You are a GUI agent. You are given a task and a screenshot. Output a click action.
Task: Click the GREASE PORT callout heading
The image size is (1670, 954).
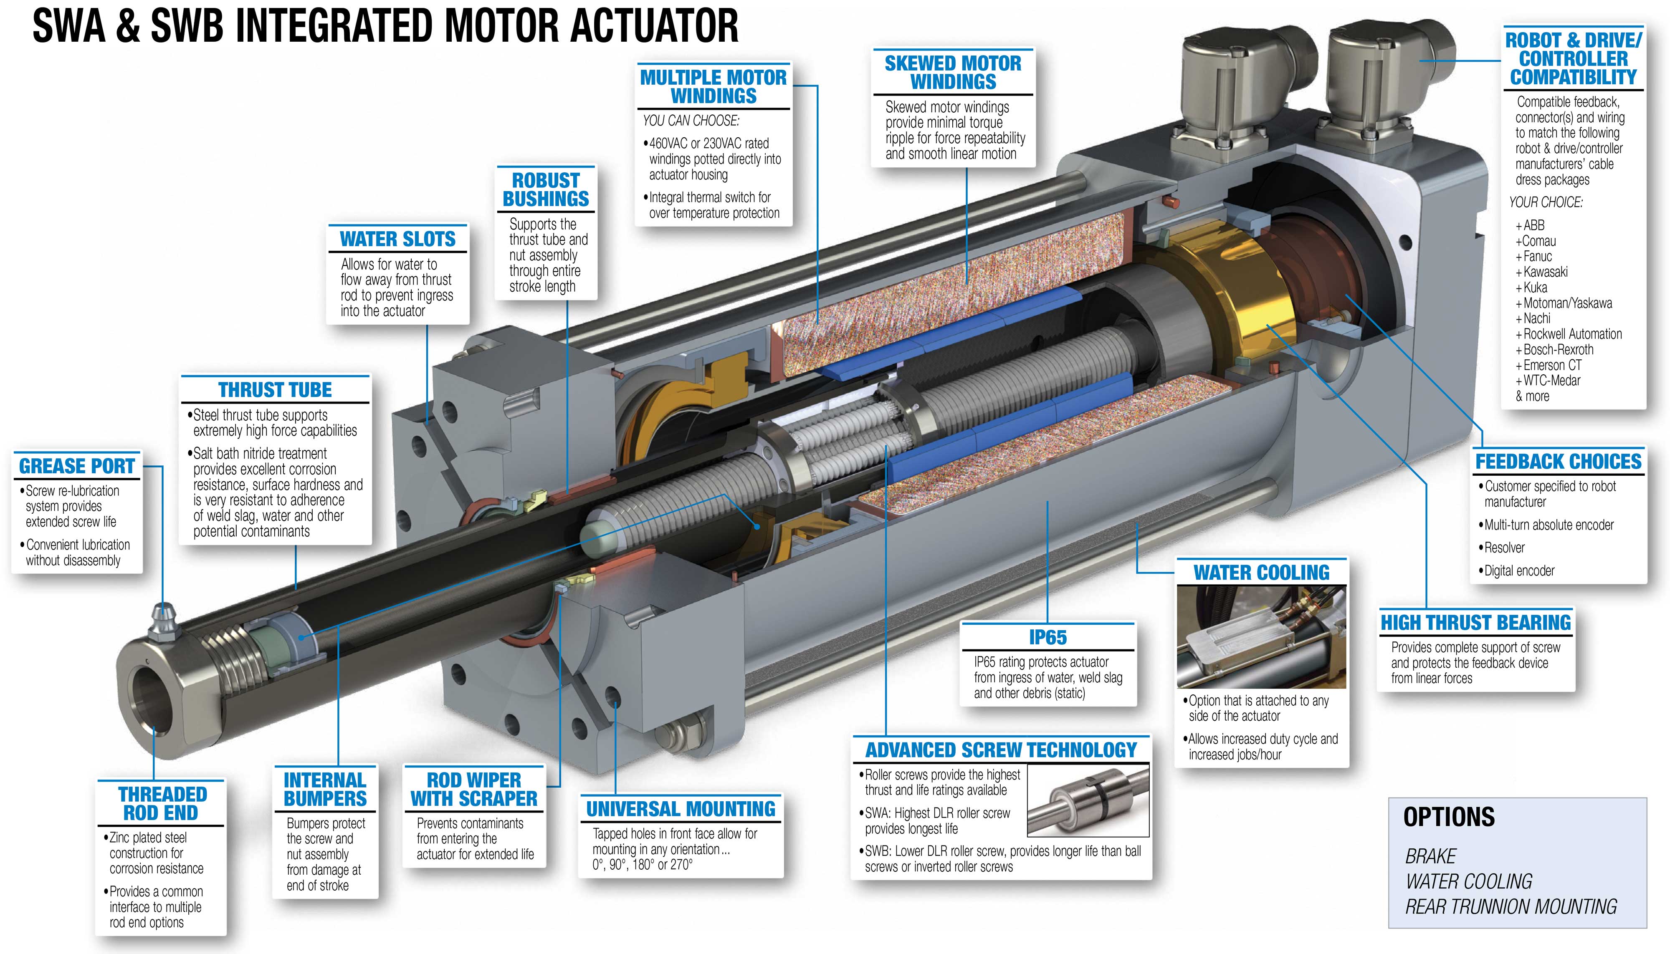pyautogui.click(x=77, y=466)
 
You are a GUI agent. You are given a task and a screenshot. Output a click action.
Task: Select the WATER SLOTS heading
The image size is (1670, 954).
pyautogui.click(x=397, y=239)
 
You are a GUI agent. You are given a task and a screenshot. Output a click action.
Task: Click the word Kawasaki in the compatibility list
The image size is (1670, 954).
pyautogui.click(x=1546, y=272)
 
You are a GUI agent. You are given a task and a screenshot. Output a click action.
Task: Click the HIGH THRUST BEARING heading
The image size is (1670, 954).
pyautogui.click(x=1476, y=623)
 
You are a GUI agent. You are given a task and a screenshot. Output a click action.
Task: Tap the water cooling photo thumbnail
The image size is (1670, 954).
pyautogui.click(x=1261, y=637)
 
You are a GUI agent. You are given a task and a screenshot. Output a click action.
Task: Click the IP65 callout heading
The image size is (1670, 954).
pyautogui.click(x=1048, y=637)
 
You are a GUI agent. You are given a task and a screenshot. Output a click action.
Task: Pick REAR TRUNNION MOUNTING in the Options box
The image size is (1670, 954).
pyautogui.click(x=1511, y=907)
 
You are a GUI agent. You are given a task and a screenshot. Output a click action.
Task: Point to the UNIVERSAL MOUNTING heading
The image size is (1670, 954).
pyautogui.click(x=681, y=809)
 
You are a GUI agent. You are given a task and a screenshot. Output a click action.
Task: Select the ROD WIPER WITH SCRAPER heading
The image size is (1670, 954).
pyautogui.click(x=474, y=790)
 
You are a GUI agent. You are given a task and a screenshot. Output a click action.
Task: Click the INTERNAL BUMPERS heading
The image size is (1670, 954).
pyautogui.click(x=325, y=790)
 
